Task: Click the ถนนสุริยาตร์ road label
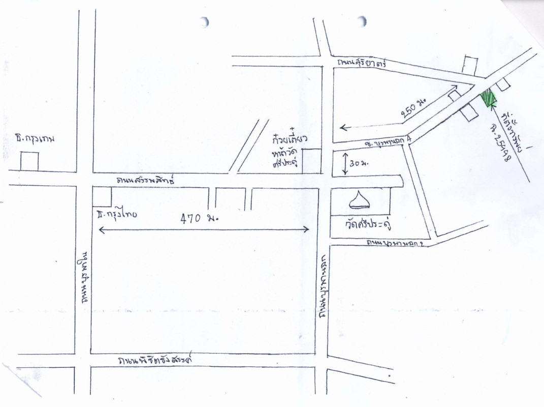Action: point(362,63)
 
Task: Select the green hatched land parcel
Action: point(488,98)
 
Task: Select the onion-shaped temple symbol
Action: point(360,200)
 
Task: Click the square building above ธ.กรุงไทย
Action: point(102,196)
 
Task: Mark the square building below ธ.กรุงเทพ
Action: point(29,161)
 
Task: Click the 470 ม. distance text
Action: point(199,219)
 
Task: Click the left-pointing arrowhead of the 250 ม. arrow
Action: point(342,127)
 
